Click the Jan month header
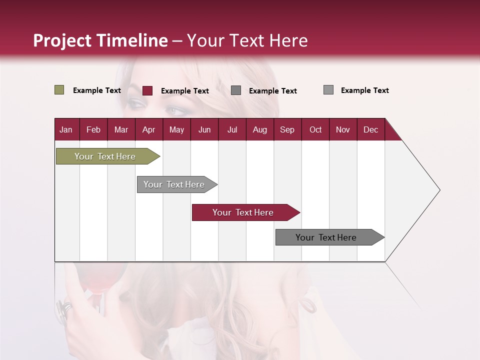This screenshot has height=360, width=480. (x=66, y=129)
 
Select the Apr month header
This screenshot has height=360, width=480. (x=148, y=129)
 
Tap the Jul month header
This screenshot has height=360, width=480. (x=232, y=129)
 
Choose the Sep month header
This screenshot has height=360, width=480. (x=287, y=129)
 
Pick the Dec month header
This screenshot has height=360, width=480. (x=370, y=129)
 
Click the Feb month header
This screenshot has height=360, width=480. (x=93, y=129)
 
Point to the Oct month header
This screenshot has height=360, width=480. (x=315, y=129)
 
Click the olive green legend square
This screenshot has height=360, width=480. (x=59, y=90)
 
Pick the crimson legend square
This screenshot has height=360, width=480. (x=147, y=90)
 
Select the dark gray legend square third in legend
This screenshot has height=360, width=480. (x=236, y=90)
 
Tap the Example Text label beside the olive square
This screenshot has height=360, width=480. (x=97, y=90)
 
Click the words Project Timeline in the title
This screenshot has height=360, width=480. (x=100, y=40)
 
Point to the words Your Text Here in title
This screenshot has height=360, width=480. (x=247, y=40)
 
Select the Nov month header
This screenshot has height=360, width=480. (x=343, y=129)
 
